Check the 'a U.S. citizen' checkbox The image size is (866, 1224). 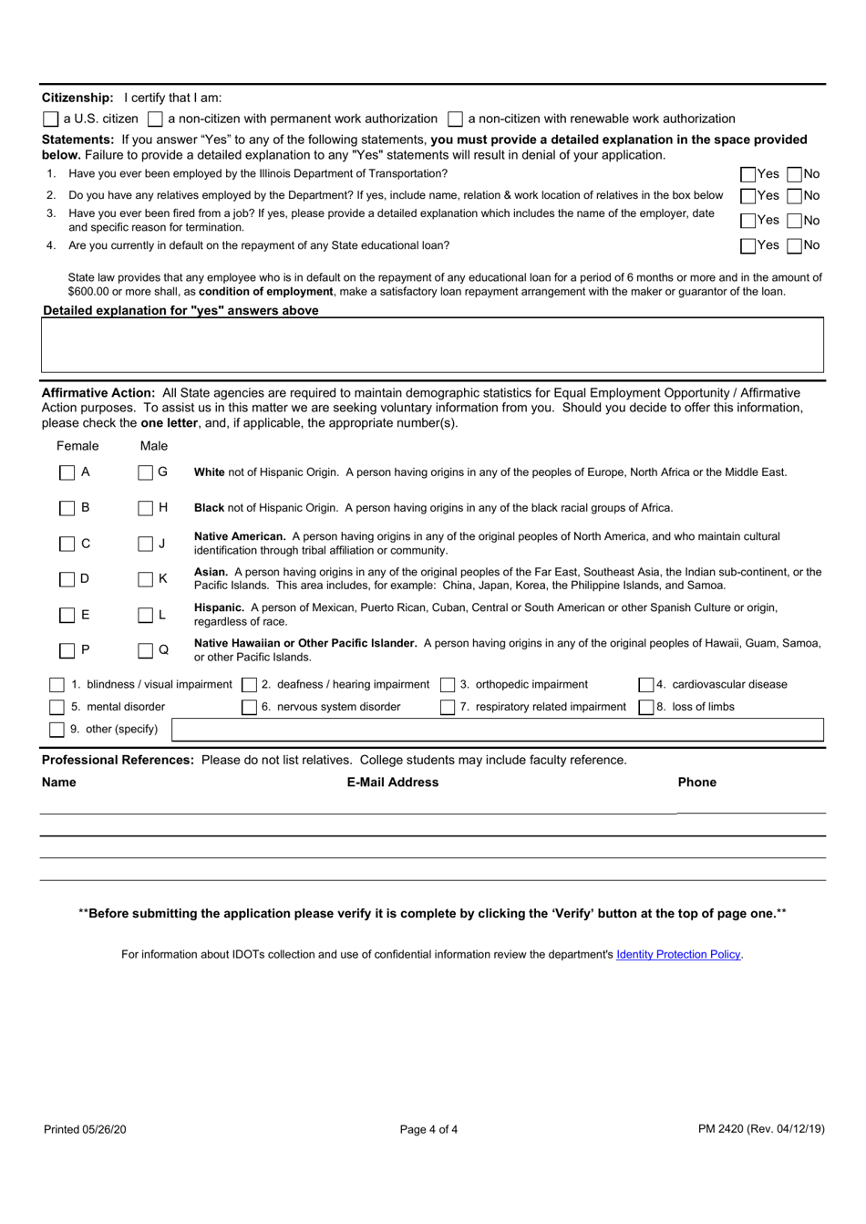tap(51, 119)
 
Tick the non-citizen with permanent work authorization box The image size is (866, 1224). tap(156, 119)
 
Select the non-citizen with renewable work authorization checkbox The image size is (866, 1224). tap(456, 119)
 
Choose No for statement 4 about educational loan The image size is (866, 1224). tap(795, 245)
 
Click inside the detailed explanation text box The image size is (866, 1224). tap(433, 345)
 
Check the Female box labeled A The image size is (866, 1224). tap(67, 472)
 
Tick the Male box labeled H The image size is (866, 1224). tap(146, 508)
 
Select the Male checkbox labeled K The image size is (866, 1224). tap(146, 579)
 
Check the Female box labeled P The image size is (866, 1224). tap(67, 650)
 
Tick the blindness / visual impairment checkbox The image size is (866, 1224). tap(57, 685)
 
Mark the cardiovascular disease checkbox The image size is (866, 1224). tap(645, 685)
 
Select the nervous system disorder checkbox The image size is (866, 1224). tap(249, 707)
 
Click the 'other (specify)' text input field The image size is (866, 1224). tap(497, 730)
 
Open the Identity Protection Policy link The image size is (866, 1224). tap(678, 955)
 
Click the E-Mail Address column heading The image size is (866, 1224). tap(393, 783)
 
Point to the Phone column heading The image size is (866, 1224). tap(697, 783)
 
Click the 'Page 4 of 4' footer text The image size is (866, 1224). tap(428, 1129)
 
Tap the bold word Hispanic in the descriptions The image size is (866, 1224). tap(219, 607)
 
